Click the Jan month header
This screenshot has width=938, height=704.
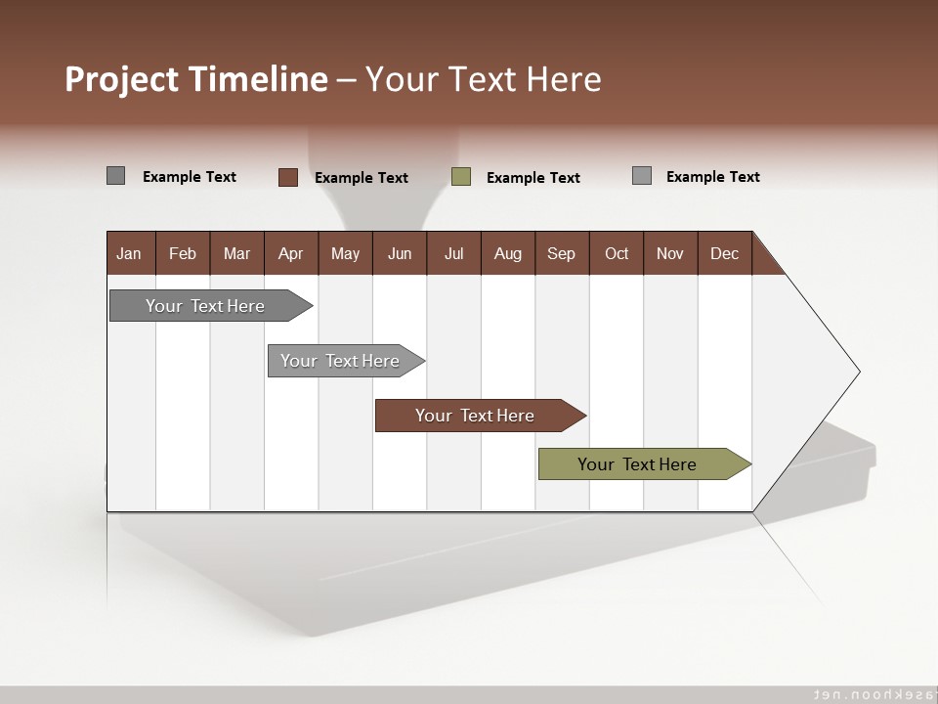click(130, 253)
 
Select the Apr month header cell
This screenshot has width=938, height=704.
click(291, 253)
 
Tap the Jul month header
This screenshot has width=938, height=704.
click(453, 253)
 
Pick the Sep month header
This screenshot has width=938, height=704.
click(562, 253)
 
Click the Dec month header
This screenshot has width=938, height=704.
click(724, 253)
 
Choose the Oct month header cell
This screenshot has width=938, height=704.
click(617, 253)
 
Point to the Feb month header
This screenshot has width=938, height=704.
click(183, 253)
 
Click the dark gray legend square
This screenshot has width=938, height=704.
click(116, 176)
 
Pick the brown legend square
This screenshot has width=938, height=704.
click(288, 177)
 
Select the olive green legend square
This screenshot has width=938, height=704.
click(461, 177)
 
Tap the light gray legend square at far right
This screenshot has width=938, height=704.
click(642, 176)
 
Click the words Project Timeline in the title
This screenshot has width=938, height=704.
click(196, 79)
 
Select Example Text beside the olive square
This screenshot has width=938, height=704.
click(533, 178)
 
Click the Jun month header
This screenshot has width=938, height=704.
click(400, 253)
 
